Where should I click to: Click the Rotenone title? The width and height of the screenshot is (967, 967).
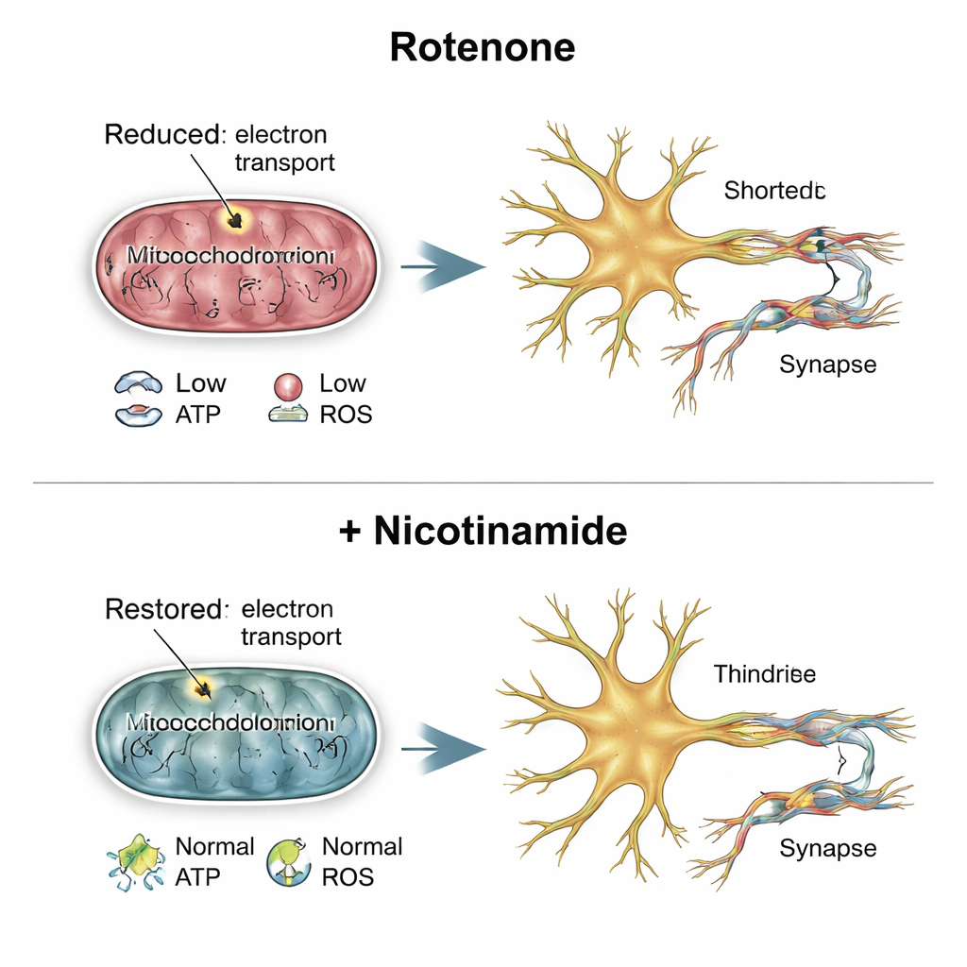point(483,48)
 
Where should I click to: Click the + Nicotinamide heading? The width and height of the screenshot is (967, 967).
point(483,531)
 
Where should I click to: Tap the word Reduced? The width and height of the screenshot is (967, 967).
point(161,134)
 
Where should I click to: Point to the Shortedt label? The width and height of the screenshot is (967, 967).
point(775,191)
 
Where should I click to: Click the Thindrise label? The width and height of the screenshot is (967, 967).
point(765,674)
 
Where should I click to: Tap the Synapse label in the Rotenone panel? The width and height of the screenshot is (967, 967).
point(828,364)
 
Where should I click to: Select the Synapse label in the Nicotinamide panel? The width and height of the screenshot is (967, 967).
point(828,848)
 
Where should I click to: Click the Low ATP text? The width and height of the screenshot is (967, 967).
point(200,399)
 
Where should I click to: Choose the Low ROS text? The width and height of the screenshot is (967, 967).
point(344,399)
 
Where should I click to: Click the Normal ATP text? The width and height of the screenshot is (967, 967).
point(214,861)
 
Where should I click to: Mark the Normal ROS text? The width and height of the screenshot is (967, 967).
point(362,861)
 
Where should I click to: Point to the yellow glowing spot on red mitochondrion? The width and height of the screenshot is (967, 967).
point(232,219)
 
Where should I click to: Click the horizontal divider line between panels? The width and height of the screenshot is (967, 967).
point(483,483)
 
